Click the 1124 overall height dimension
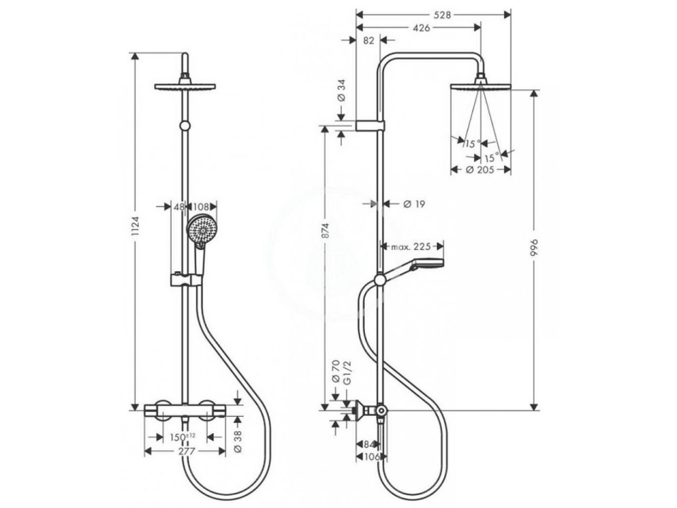(x=135, y=228)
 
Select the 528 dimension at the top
(x=433, y=13)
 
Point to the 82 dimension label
(x=369, y=41)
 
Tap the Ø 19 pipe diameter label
(x=413, y=204)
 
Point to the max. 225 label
(x=411, y=247)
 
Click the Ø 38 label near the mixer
(x=239, y=441)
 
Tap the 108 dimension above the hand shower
(x=201, y=206)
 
